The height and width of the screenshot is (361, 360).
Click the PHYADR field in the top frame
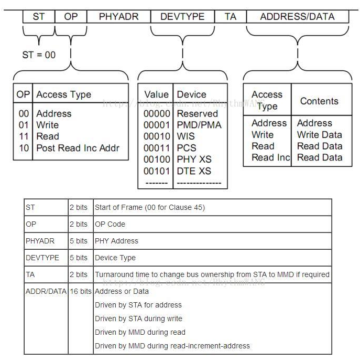pos(119,16)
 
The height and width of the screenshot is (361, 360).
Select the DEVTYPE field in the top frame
pos(182,16)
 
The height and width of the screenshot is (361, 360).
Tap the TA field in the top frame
pos(231,16)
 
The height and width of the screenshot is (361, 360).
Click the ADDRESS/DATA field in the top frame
pos(297,16)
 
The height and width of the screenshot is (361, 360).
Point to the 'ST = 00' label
pos(39,55)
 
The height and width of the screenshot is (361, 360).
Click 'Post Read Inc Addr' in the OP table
pos(78,147)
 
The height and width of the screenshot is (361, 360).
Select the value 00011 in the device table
pos(157,148)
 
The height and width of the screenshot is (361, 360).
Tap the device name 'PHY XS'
pos(194,160)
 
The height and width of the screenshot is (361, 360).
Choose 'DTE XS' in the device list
pos(194,171)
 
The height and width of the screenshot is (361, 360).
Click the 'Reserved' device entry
pos(198,113)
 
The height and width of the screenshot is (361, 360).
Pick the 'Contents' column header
pos(319,101)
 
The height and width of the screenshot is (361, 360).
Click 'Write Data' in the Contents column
pos(319,134)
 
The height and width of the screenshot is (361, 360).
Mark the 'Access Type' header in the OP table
pos(63,94)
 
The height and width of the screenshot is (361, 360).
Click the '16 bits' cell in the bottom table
pos(81,291)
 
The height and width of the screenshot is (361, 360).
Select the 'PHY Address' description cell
pos(116,241)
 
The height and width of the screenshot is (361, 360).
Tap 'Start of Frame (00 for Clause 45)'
pos(149,207)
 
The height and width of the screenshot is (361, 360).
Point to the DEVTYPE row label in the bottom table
pos(43,258)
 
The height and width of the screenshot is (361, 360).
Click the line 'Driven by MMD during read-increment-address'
pos(172,346)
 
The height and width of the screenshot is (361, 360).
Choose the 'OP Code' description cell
pos(110,224)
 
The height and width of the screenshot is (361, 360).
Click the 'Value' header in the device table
pos(157,94)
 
